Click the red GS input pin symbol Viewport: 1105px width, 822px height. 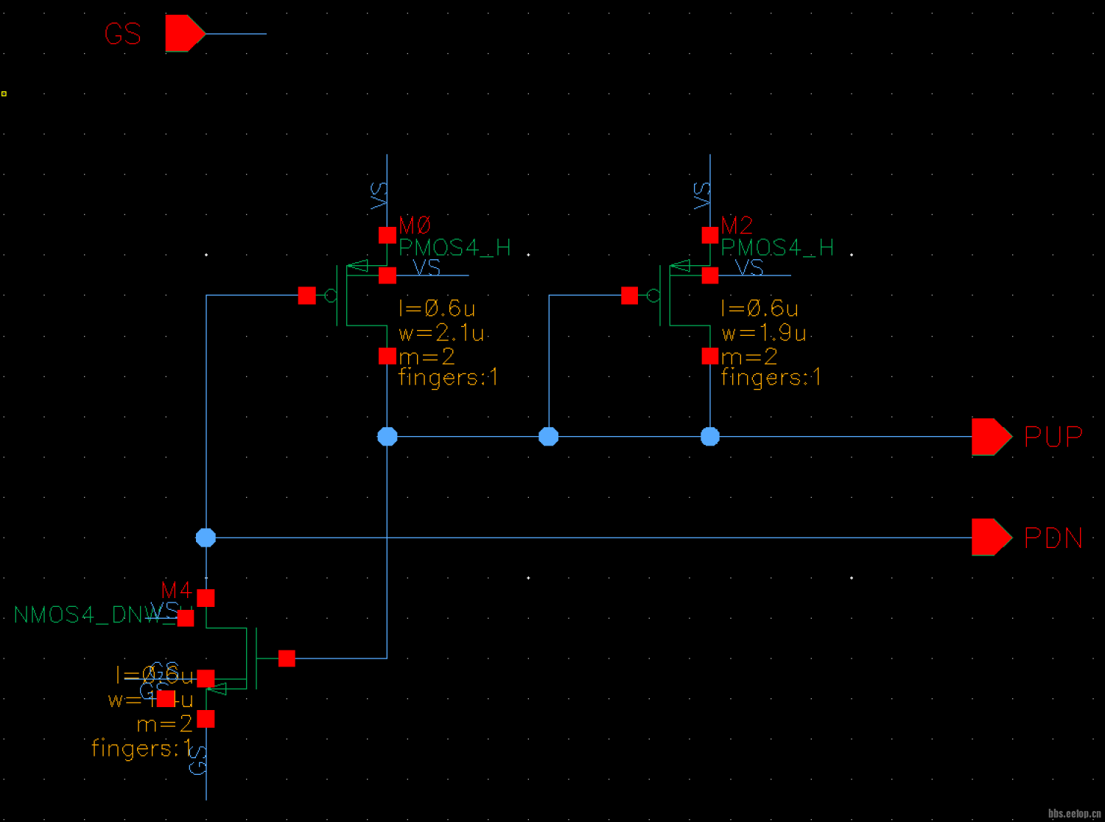tap(184, 33)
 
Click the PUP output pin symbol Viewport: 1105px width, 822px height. tap(991, 437)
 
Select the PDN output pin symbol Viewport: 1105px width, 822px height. tap(991, 537)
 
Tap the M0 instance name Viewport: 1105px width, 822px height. tap(415, 225)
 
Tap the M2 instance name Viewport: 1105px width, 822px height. tap(737, 225)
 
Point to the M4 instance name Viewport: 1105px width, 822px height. tap(176, 590)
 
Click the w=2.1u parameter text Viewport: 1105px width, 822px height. tap(441, 333)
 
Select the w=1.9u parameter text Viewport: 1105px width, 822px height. tap(763, 333)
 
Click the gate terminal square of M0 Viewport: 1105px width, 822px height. tap(307, 296)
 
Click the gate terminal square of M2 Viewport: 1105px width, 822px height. tap(630, 296)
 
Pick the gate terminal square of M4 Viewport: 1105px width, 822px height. tap(287, 658)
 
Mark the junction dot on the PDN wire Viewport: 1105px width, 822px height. tap(206, 538)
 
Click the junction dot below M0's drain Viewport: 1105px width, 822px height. tap(387, 437)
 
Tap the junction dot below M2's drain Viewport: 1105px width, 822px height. tap(710, 437)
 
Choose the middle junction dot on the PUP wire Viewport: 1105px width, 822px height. tap(549, 437)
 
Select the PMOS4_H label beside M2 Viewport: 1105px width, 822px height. tap(777, 247)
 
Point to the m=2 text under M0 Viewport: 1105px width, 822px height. tap(427, 357)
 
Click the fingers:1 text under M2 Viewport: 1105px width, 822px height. tap(771, 378)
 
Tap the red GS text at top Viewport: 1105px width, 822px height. tap(122, 34)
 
